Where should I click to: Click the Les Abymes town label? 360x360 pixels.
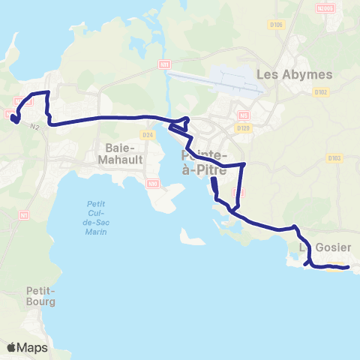click(289, 74)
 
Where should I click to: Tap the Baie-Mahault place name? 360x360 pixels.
click(119, 153)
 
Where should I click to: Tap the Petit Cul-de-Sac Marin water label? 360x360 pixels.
click(95, 217)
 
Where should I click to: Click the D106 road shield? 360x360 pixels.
click(277, 25)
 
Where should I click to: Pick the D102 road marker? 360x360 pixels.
click(322, 93)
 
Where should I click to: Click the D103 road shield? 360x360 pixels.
click(334, 157)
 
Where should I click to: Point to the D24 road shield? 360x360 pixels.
click(147, 135)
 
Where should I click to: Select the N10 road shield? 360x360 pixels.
click(153, 183)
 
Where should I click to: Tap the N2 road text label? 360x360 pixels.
click(35, 127)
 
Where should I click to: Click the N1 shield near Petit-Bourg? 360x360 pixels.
click(24, 215)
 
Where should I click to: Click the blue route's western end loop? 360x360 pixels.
click(16, 117)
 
